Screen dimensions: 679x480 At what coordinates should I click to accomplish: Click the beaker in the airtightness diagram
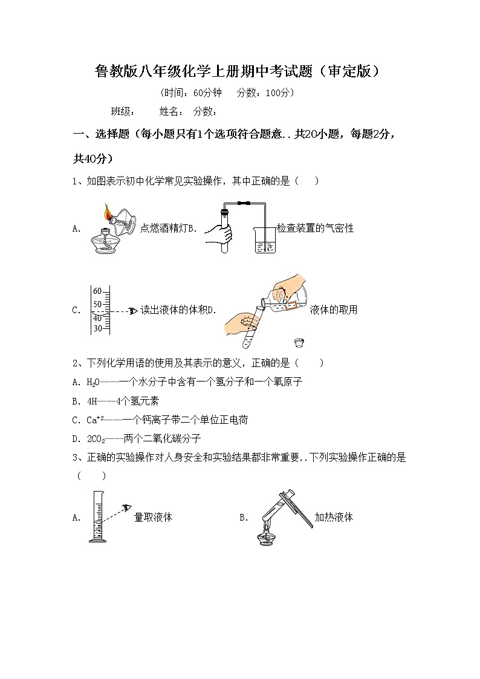pos(265,241)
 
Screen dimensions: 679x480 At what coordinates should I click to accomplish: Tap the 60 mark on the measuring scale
pos(98,290)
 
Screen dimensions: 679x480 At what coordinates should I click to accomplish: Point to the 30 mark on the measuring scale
pos(97,329)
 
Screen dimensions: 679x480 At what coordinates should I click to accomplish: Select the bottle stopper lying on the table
pos(298,343)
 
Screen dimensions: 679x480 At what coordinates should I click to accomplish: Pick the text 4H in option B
pos(92,401)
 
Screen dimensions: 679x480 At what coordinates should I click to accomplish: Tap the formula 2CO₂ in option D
pos(97,438)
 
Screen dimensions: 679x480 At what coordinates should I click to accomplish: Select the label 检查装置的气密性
pos(315,228)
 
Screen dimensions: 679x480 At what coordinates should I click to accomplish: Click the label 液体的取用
pos(333,310)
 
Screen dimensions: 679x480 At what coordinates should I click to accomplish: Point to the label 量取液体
pos(153,518)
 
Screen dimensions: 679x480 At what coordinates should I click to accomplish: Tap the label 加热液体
pos(334,518)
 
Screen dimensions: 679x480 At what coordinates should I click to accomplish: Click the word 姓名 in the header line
pos(169,111)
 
